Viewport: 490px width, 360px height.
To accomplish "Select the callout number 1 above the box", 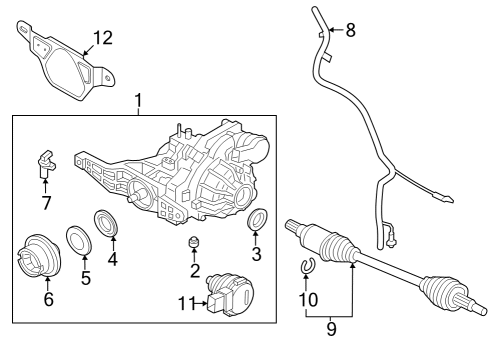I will click(x=138, y=101).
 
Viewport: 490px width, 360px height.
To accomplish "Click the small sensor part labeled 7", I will click(x=45, y=160).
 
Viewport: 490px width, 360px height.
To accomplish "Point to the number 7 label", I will click(x=46, y=204).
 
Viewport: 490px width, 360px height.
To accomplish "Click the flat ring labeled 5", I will click(x=75, y=239).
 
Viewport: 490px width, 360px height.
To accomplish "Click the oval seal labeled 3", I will click(x=257, y=220).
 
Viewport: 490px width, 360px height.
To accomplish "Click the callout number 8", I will click(x=349, y=30).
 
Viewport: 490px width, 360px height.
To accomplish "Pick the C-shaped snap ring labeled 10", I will click(x=308, y=266).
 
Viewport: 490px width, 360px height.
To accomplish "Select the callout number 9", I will click(x=329, y=325).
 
